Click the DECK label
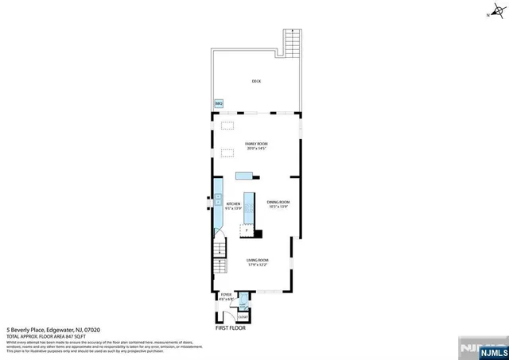tap(256, 81)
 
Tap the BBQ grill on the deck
tap(219, 103)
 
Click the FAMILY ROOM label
tap(255, 144)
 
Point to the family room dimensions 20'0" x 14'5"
tap(255, 149)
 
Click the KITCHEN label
tap(233, 204)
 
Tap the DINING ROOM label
tap(278, 202)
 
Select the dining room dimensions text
tap(278, 207)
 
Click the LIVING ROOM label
tap(257, 260)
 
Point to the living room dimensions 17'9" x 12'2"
tap(257, 265)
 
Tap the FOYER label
tap(227, 294)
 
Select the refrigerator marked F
tap(247, 230)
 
